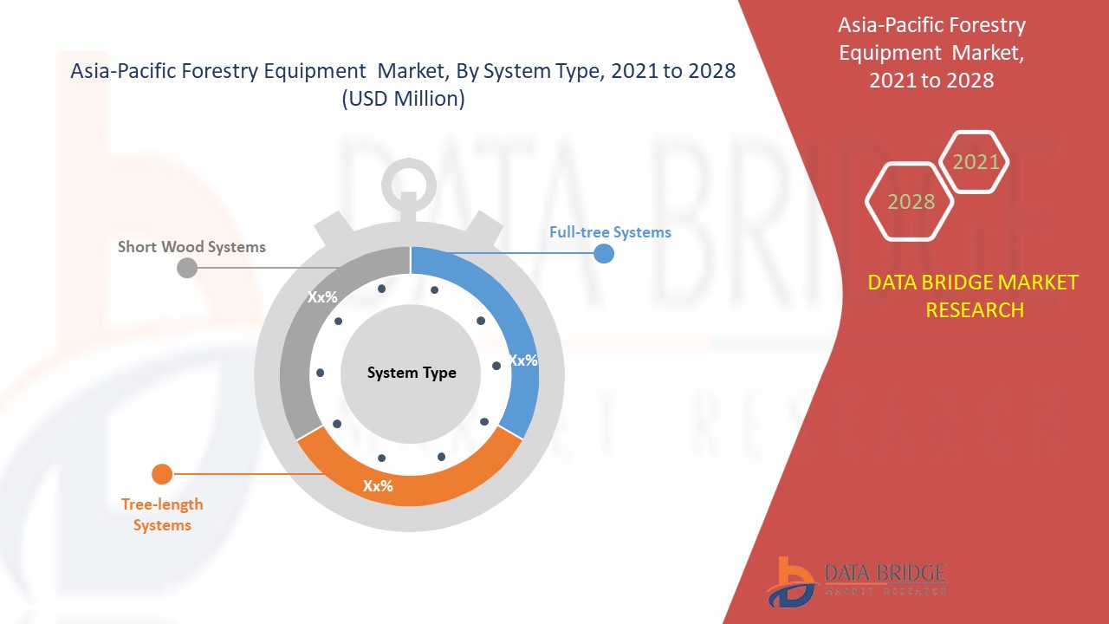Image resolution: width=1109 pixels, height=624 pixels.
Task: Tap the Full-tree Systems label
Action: coord(610,232)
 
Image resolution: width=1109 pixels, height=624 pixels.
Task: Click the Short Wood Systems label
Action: coord(191,247)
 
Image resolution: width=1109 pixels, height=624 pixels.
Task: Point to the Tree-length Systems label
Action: coord(162,515)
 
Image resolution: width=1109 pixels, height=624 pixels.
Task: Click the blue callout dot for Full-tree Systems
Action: coord(604,254)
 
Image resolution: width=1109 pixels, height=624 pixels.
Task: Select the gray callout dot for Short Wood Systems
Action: coord(187,268)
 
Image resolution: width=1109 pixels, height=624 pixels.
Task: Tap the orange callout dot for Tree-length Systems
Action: coord(162,474)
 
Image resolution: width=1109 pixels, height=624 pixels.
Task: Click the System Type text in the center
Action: coord(412,373)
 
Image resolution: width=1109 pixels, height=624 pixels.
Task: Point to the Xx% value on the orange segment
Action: coord(378,486)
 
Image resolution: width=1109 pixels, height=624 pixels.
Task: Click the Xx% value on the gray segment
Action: coord(322,296)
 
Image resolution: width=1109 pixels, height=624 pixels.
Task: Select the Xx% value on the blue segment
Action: coord(523,360)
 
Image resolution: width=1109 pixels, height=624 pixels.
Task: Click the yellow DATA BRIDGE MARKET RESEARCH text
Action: coord(973,296)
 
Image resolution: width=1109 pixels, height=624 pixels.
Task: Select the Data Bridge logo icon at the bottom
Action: coord(788,582)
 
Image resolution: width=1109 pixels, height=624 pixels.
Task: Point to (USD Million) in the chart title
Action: coord(403,99)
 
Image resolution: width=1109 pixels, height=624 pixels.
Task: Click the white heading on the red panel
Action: coord(931,53)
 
